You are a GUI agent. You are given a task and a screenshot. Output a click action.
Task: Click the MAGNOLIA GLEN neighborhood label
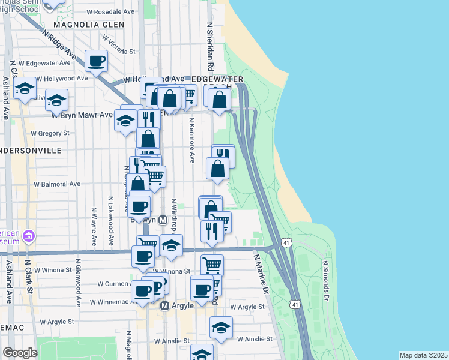[x=88, y=25]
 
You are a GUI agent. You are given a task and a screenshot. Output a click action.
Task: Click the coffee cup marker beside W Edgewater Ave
[x=96, y=60]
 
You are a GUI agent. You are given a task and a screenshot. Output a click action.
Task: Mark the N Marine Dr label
[x=261, y=274]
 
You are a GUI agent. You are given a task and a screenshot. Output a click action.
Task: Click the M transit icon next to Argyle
[x=166, y=306]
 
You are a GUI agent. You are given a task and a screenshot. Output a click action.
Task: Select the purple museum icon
[x=28, y=237]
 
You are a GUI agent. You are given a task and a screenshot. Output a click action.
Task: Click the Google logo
[x=20, y=353]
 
